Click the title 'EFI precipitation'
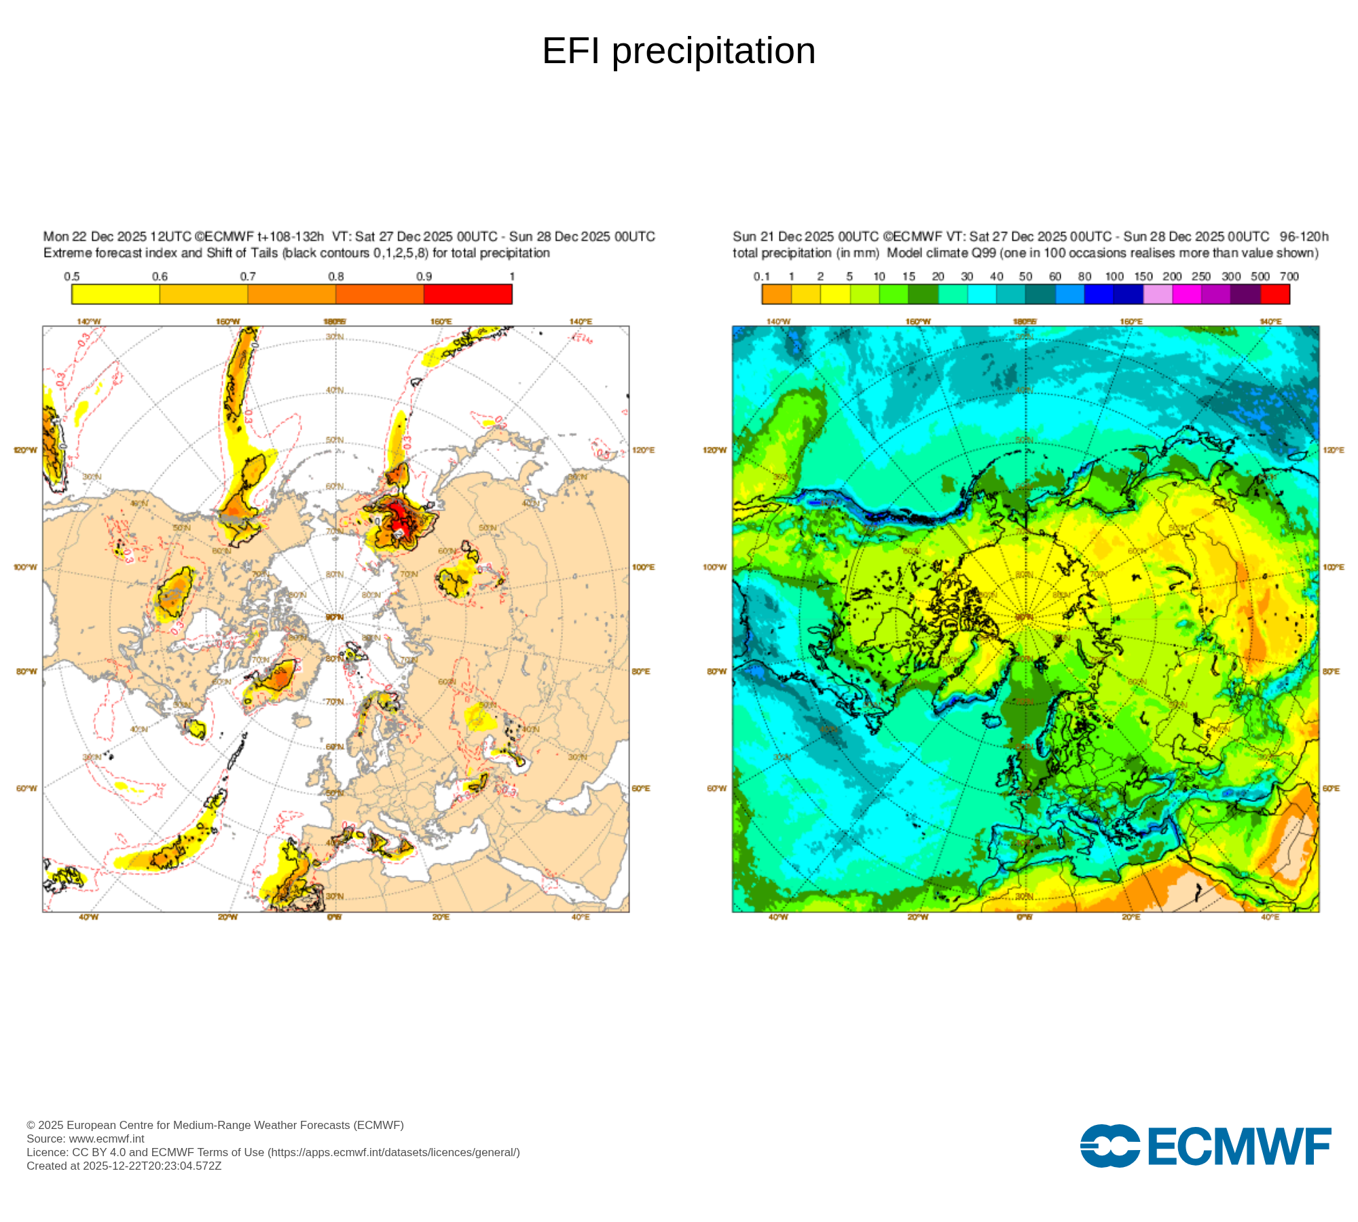(678, 51)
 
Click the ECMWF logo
(1205, 1146)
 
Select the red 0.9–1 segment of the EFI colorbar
(468, 294)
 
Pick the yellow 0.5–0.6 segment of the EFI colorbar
(115, 294)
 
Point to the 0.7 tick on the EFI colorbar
(248, 277)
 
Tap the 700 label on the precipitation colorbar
(1289, 277)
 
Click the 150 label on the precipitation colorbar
(1143, 277)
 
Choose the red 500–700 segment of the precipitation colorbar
(1274, 294)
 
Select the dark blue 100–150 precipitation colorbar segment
(1128, 294)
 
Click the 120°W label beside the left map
(26, 451)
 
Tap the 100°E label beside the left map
(643, 568)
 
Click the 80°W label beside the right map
(716, 672)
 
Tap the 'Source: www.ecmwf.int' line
(86, 1139)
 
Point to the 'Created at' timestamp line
(124, 1166)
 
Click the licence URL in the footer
(394, 1153)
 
